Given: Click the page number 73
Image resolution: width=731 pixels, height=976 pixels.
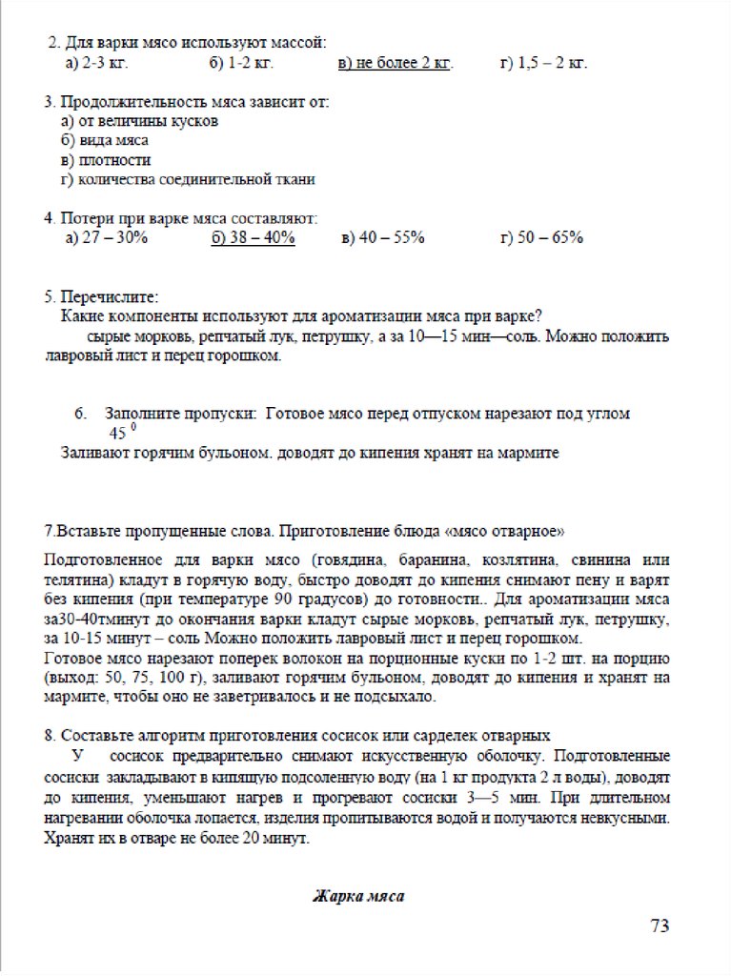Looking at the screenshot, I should tap(660, 925).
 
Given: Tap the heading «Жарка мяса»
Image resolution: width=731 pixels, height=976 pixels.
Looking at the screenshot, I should tap(358, 896).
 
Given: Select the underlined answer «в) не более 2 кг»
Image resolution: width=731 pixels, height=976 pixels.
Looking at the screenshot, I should tap(395, 64).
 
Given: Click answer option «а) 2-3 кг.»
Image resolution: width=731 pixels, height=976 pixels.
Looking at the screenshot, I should tap(96, 64).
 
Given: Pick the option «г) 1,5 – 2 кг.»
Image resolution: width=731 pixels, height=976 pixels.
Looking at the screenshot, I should tap(543, 64).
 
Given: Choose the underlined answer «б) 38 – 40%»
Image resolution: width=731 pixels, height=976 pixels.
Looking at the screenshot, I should tap(253, 237).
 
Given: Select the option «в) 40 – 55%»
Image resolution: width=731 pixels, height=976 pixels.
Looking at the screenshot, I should tap(382, 237).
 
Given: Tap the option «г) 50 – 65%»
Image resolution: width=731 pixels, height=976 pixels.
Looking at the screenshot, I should tap(541, 237).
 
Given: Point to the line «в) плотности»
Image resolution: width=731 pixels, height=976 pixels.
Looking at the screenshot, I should tap(105, 159).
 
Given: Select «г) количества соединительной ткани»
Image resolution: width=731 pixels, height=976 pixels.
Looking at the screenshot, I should tap(188, 178).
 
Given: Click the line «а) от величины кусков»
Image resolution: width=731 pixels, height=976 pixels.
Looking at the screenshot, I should tap(139, 121).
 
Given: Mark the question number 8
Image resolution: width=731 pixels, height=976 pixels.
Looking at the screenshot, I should tap(50, 736).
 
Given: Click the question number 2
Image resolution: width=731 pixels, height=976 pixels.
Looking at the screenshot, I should tap(53, 43).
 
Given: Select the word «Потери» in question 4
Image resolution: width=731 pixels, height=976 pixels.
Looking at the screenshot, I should tap(88, 217).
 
